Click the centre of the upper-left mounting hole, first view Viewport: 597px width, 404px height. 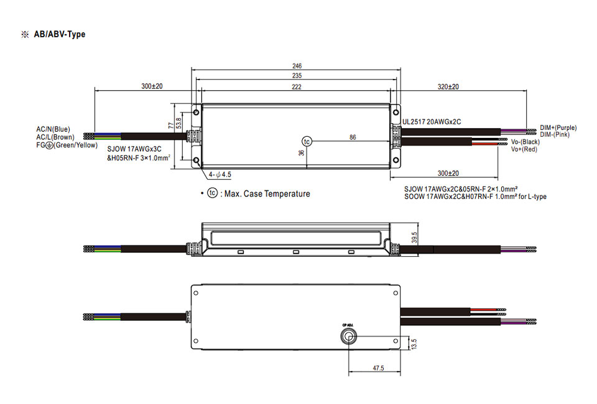click(196, 112)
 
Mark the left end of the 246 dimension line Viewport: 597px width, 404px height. click(192, 70)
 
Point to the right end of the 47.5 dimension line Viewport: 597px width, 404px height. click(400, 372)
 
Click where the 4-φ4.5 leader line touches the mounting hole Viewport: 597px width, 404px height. click(198, 162)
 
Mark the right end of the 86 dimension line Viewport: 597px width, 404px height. click(391, 142)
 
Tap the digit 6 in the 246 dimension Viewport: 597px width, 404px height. click(300, 66)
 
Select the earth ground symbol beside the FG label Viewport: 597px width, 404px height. click(49, 145)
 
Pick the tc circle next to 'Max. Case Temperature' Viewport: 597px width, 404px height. click(213, 193)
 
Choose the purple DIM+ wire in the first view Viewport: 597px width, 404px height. click(514, 130)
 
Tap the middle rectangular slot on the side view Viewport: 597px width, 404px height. click(296, 252)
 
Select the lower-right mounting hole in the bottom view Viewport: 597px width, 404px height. click(396, 341)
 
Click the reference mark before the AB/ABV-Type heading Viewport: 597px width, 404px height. click(25, 35)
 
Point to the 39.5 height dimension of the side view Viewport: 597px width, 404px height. click(414, 238)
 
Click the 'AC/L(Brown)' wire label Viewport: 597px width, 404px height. click(55, 137)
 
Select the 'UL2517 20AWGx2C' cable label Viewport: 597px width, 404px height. click(432, 122)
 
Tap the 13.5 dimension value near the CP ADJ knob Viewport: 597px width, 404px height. click(414, 344)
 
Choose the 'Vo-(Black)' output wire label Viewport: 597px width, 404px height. click(525, 142)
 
